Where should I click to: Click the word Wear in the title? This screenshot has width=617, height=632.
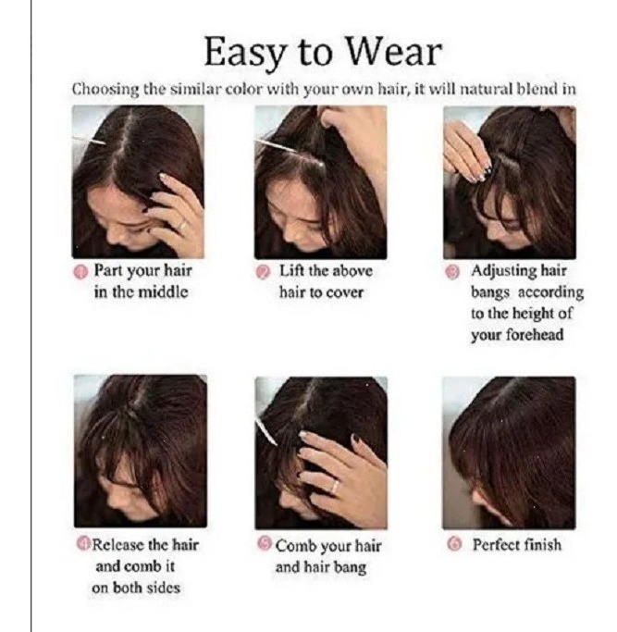[394, 52]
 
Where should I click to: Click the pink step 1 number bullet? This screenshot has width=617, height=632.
[80, 272]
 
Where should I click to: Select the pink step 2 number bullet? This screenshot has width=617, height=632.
[263, 272]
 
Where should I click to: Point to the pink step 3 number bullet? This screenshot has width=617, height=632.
[452, 272]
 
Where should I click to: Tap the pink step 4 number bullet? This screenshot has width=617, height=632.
[83, 543]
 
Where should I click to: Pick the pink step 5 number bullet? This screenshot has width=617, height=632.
[265, 543]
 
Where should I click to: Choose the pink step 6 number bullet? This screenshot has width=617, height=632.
[454, 544]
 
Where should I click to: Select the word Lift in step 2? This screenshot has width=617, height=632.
[291, 270]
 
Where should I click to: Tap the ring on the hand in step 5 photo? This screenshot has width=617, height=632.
[334, 487]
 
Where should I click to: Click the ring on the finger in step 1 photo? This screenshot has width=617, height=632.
[182, 226]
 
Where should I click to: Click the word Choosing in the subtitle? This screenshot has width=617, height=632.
[105, 89]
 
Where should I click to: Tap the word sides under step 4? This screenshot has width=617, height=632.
[163, 588]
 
